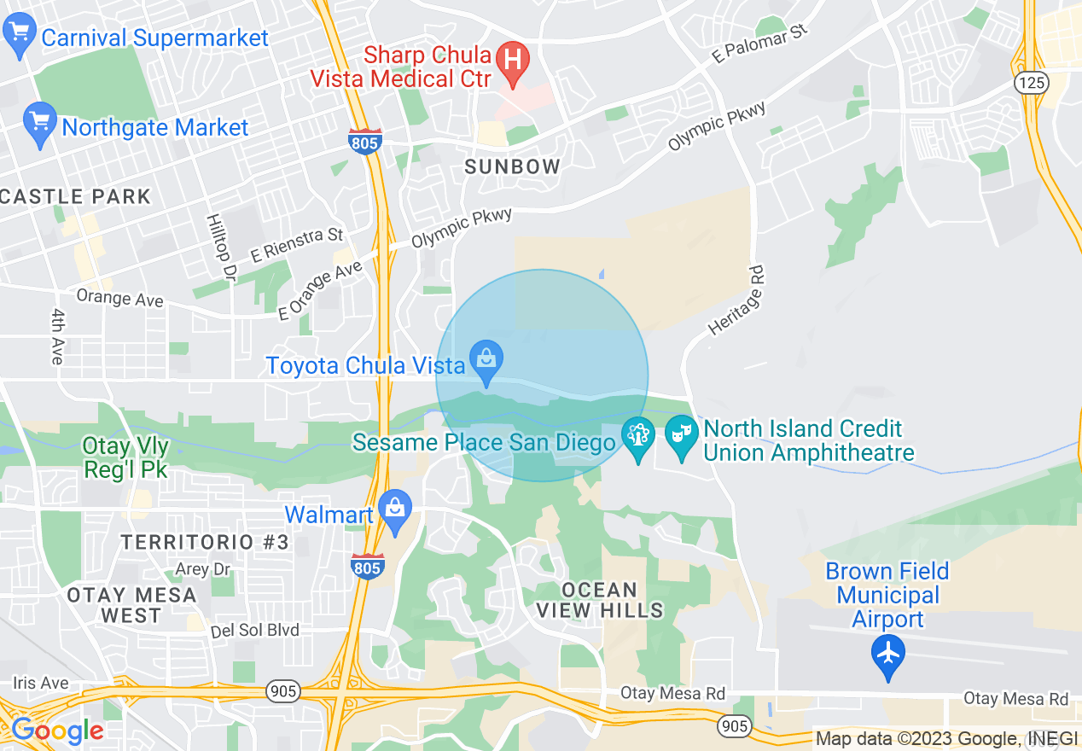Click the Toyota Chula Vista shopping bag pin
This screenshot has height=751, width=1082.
click(x=486, y=363)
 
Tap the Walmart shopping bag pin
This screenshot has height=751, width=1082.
click(x=395, y=509)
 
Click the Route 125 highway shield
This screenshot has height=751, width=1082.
click(x=1032, y=83)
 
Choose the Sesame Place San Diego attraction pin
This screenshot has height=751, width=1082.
click(x=637, y=437)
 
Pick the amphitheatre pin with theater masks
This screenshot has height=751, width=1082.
click(x=681, y=436)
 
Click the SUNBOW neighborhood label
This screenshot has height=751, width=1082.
click(x=513, y=167)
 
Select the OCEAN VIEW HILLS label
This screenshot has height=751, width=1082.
click(x=600, y=600)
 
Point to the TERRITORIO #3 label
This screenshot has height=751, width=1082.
click(x=205, y=542)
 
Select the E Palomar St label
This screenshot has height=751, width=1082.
click(x=760, y=44)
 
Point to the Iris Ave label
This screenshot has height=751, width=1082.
click(x=40, y=683)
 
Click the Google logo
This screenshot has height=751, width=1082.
click(x=57, y=731)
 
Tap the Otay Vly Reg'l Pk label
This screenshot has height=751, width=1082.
click(x=125, y=457)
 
